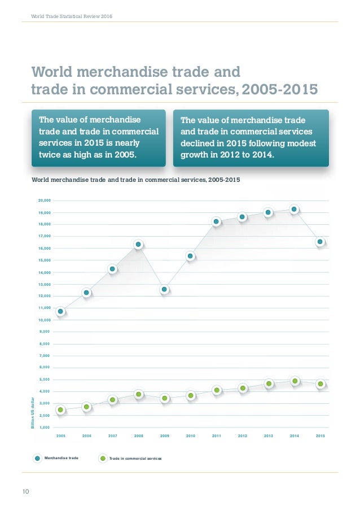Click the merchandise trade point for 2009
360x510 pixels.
(164, 289)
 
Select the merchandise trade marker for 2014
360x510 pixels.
(294, 210)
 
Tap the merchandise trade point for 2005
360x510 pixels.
(60, 311)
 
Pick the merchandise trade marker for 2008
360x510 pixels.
(138, 245)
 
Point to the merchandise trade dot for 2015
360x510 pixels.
(320, 242)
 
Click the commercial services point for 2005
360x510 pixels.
(60, 409)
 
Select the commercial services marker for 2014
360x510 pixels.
(294, 381)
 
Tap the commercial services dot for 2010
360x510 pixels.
(191, 395)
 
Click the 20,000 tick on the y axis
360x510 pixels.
(44, 200)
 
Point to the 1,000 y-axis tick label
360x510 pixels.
(45, 427)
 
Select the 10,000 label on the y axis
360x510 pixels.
(44, 320)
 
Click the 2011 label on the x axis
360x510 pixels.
(217, 436)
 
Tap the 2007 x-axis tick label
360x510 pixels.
(112, 436)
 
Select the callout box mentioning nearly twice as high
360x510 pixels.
(98, 137)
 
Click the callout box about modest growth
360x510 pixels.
(250, 137)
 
